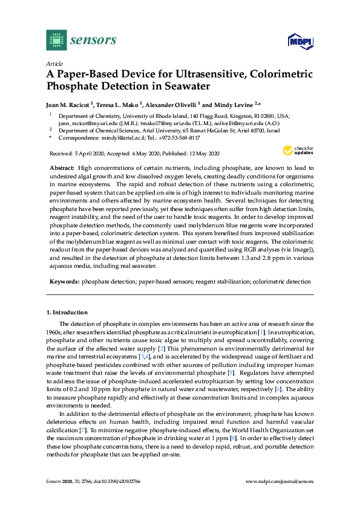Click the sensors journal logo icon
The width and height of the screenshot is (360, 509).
click(x=56, y=40)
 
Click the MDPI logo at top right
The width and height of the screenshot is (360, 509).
click(x=299, y=41)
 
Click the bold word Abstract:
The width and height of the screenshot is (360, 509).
click(x=61, y=166)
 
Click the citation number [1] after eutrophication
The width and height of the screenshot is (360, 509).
click(x=260, y=333)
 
